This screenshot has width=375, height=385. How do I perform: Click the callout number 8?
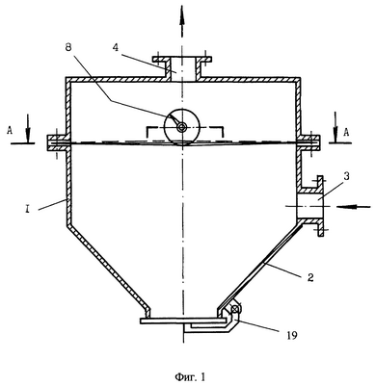coord(68,47)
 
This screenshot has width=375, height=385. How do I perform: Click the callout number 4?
coord(117,47)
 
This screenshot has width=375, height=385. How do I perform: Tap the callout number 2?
coord(310,276)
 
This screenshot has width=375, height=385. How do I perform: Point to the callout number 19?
coord(291,335)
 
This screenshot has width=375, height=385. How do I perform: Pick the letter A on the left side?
coord(10,131)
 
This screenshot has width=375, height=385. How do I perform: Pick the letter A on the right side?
coord(346,132)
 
